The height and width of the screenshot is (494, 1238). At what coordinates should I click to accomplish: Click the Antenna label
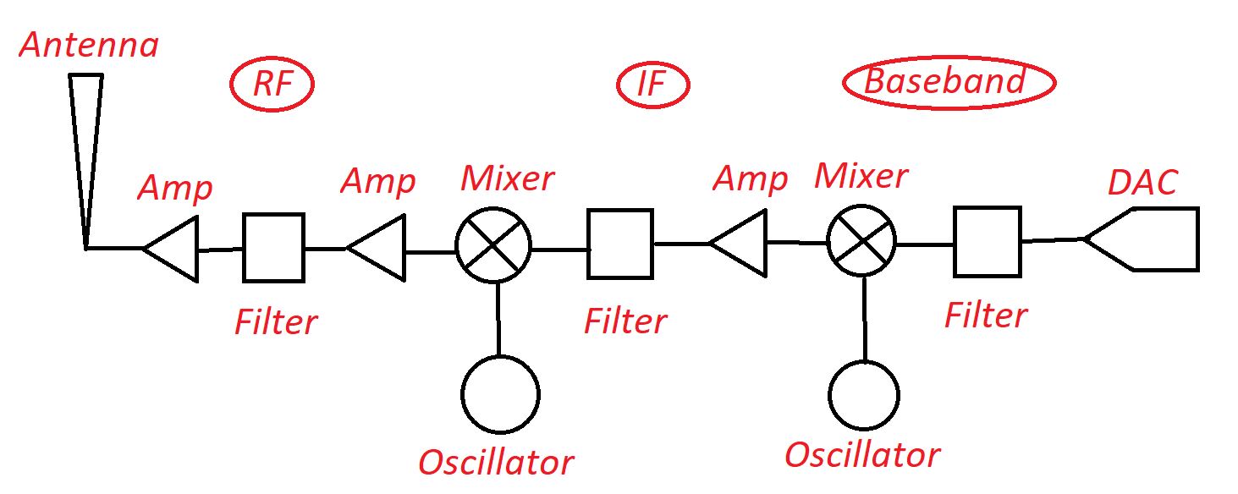point(88,45)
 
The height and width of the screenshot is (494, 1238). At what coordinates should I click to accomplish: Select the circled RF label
point(272,84)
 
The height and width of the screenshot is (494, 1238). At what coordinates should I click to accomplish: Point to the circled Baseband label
point(948,83)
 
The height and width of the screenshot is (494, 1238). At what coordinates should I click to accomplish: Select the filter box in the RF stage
point(273,247)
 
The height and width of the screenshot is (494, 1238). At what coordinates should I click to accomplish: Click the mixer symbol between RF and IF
point(493,245)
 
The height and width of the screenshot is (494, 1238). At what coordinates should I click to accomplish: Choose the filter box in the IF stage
point(620,244)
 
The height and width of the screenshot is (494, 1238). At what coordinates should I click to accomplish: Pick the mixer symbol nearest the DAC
point(861,240)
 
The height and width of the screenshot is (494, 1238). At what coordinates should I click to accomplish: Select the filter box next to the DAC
point(987,241)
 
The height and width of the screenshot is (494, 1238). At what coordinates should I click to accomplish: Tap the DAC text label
point(1142,181)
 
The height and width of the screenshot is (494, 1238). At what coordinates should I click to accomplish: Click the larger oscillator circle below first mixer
point(500,393)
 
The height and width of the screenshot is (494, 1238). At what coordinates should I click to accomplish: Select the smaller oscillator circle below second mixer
point(863,395)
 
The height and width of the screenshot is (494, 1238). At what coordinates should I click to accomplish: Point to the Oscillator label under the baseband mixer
point(861,455)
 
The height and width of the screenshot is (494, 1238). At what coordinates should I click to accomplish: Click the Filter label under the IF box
point(625,322)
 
